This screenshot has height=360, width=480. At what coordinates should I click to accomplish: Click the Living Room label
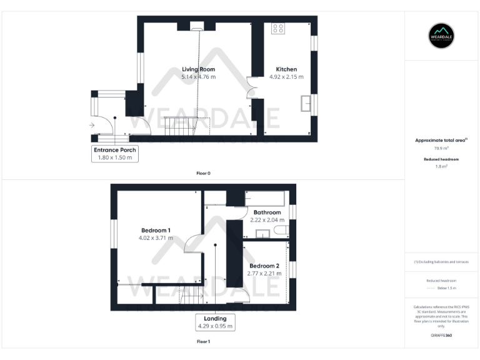tap(199, 69)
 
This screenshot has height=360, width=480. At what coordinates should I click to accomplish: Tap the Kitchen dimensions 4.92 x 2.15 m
tap(286, 77)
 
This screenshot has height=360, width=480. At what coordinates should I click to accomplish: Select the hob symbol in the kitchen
tap(278, 29)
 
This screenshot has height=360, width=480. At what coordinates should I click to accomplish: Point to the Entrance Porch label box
tap(115, 154)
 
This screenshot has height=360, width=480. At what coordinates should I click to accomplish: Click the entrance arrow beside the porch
tap(92, 125)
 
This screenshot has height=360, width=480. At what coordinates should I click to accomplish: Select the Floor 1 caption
tap(203, 342)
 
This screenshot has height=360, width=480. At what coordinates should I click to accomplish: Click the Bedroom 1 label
tap(156, 229)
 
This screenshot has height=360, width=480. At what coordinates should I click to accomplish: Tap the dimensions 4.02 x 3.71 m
tap(156, 237)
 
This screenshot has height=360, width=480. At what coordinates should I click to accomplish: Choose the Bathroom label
tap(268, 212)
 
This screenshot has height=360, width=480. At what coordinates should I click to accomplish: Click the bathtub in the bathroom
tap(265, 198)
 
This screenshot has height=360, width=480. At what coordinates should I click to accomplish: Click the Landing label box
tap(215, 322)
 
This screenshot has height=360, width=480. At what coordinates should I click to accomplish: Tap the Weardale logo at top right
tap(441, 36)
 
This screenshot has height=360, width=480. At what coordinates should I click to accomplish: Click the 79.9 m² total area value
tap(441, 149)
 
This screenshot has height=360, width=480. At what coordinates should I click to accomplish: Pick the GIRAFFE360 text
tap(441, 336)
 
